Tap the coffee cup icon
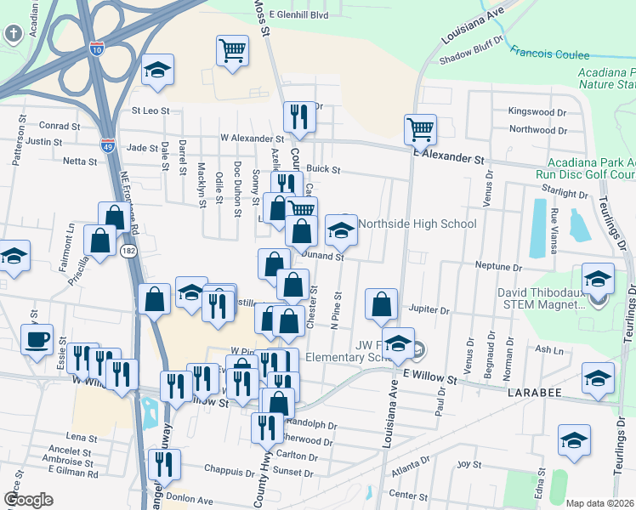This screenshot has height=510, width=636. pyautogui.click(x=37, y=341)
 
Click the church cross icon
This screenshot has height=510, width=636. pyautogui.click(x=14, y=34)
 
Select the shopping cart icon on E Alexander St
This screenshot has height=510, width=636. pyautogui.click(x=420, y=130)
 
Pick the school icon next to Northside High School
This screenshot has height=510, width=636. pyautogui.click(x=341, y=229)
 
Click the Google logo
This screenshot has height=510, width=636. pyautogui.click(x=28, y=499)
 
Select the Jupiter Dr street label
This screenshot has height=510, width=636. pyautogui.click(x=429, y=310)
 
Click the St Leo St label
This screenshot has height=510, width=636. pyautogui.click(x=150, y=110)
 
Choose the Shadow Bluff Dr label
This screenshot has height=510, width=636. pyautogui.click(x=473, y=60)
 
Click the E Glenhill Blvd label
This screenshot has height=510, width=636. pyautogui.click(x=298, y=14)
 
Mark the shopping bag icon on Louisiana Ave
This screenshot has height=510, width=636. pyautogui.click(x=382, y=304)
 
